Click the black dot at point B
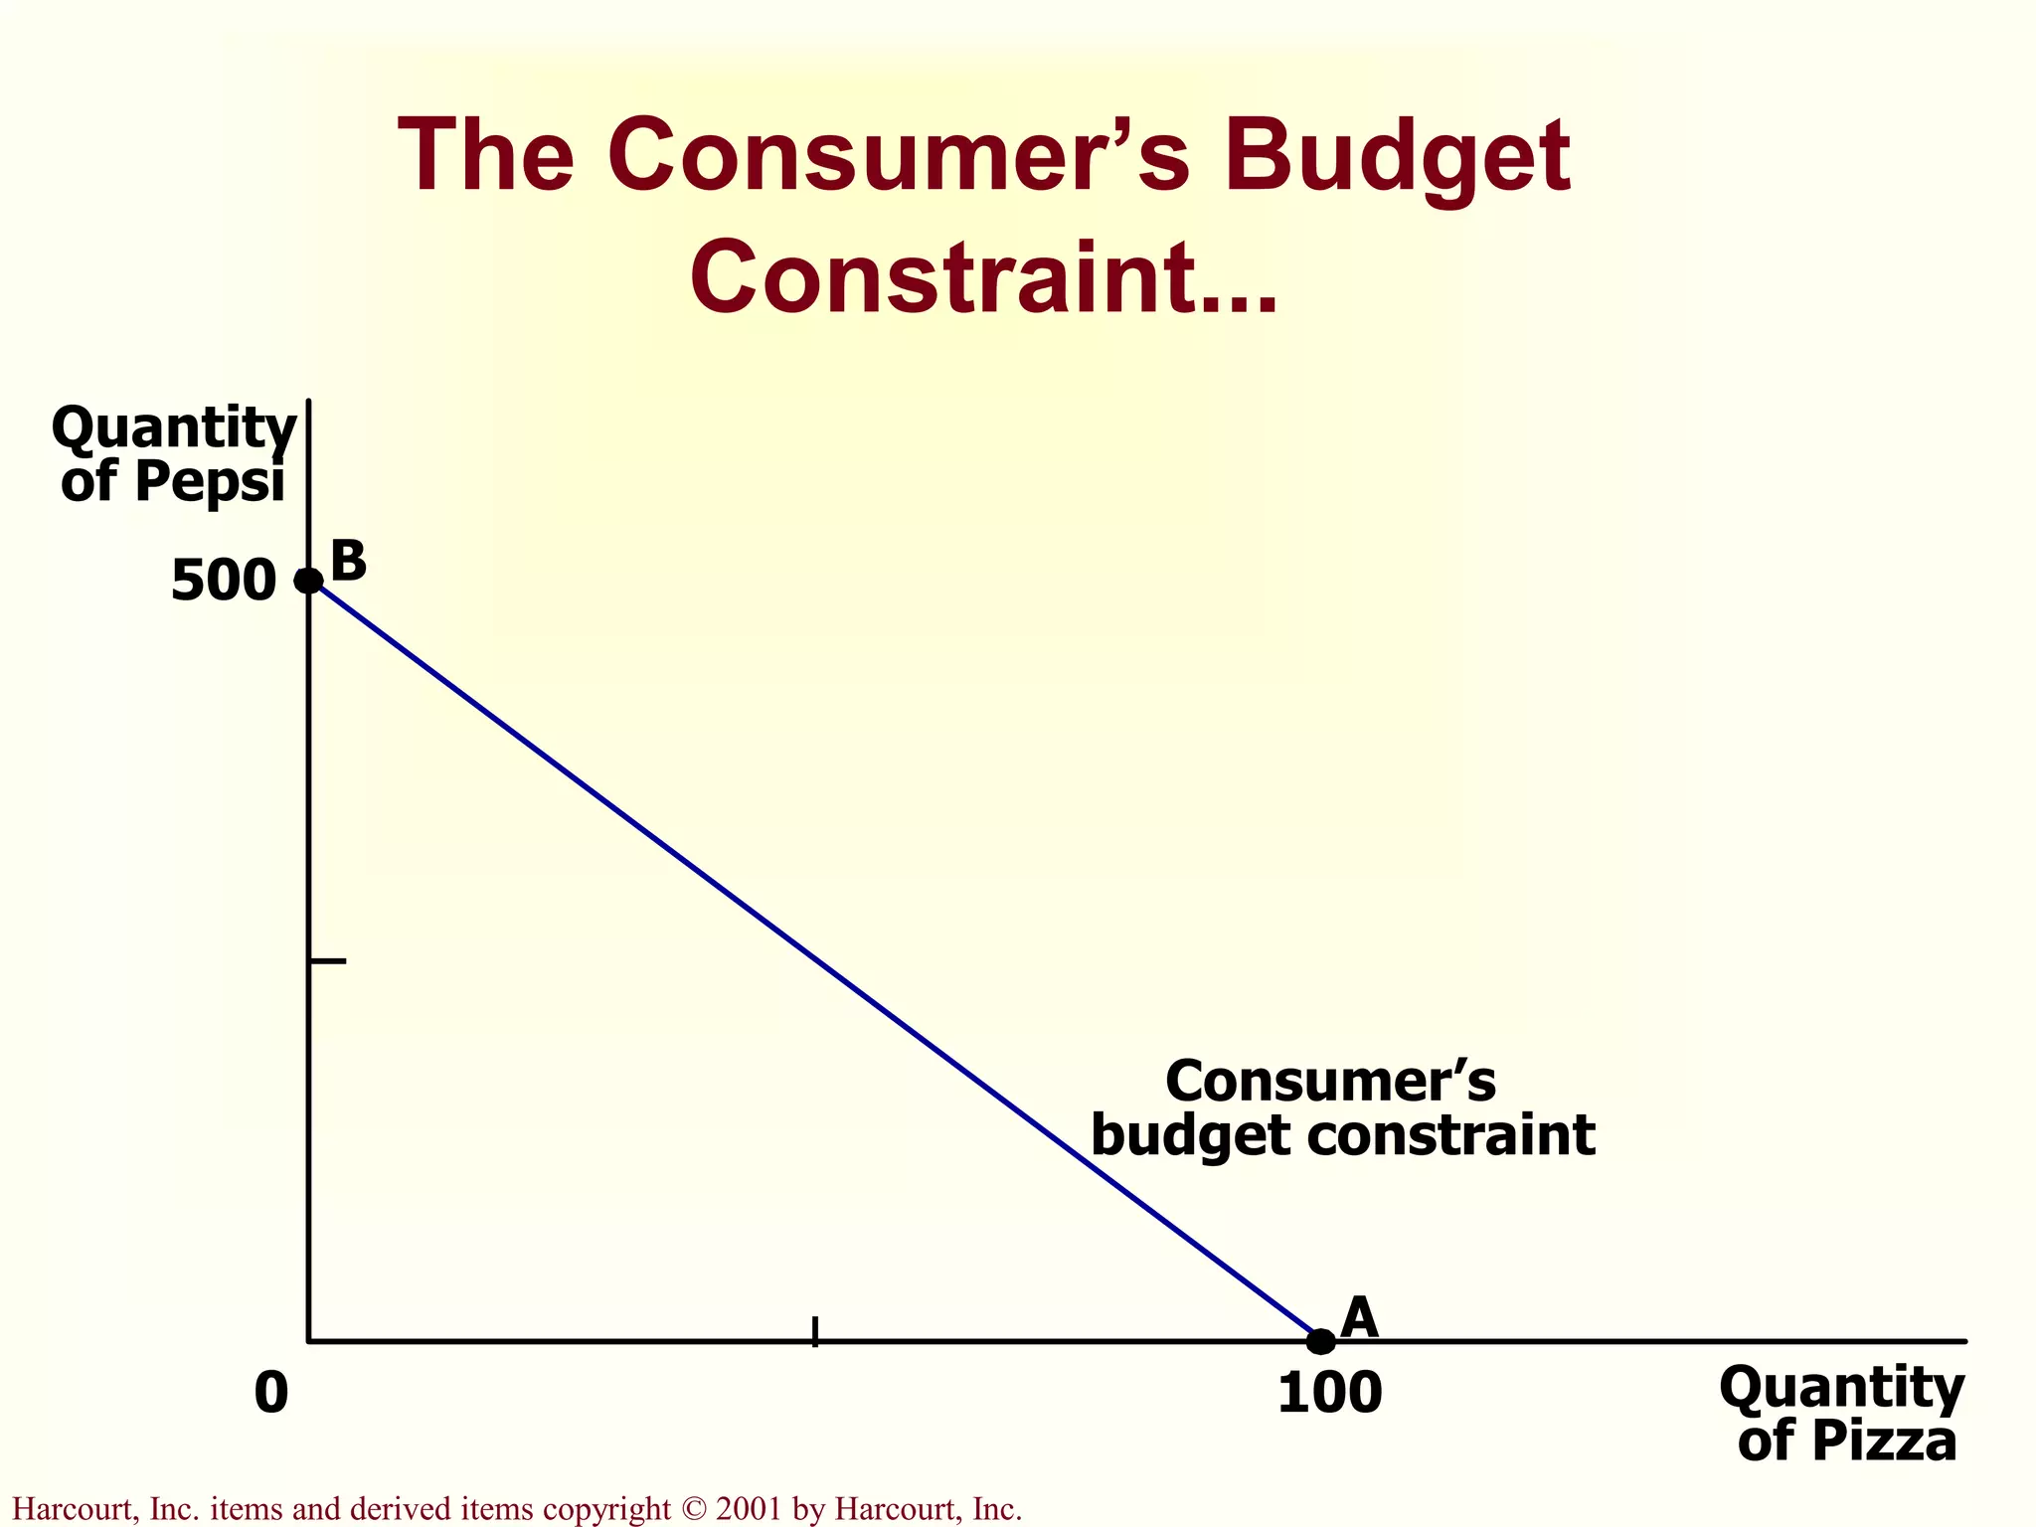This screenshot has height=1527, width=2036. tap(309, 580)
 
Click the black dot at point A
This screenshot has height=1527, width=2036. tap(1320, 1341)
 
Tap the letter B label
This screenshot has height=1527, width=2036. tap(349, 562)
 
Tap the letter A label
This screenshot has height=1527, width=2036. tap(1359, 1318)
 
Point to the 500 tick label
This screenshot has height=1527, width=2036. tap(223, 582)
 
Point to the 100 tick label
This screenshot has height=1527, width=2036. tap(1329, 1393)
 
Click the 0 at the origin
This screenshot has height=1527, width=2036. tap(270, 1393)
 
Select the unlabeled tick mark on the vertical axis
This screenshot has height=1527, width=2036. tap(328, 961)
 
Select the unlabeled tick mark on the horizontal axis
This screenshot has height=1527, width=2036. tap(815, 1332)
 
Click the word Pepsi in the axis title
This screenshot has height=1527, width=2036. tap(210, 482)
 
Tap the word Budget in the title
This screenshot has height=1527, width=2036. tap(1397, 157)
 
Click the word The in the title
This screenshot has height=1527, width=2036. tap(485, 157)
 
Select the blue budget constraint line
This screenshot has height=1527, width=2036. tap(815, 960)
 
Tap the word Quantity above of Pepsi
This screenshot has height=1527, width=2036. tap(174, 429)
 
